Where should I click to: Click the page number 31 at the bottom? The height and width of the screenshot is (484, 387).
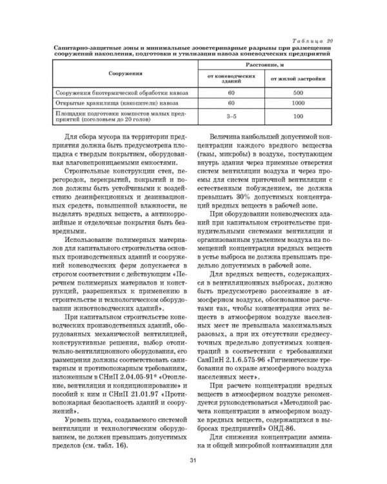pos(193,459)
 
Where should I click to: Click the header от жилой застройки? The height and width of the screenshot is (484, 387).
pos(298,80)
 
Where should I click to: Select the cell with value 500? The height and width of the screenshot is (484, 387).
pos(298,94)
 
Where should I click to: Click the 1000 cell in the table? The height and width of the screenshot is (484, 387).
pos(298,104)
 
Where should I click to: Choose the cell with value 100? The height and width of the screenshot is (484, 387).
pos(298,117)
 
